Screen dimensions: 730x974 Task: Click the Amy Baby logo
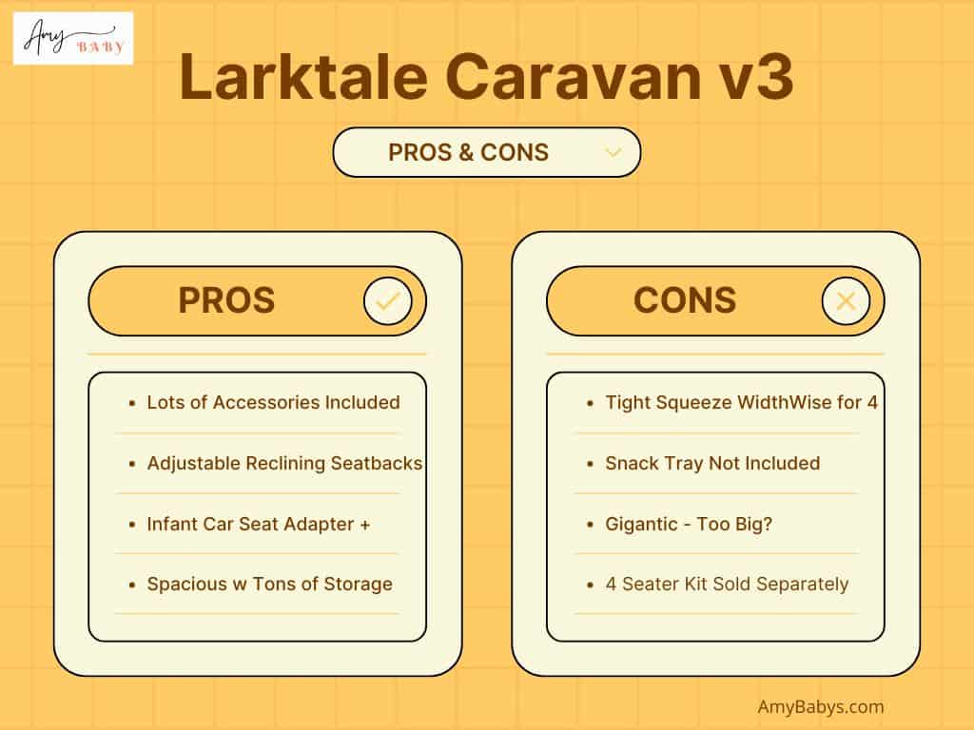click(x=73, y=38)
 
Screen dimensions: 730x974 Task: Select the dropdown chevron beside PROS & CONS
click(x=614, y=152)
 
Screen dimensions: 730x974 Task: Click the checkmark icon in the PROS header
click(x=387, y=302)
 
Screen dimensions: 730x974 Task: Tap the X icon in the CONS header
click(x=846, y=302)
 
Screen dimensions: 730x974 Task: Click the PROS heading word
click(x=226, y=300)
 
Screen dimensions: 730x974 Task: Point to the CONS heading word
click(x=685, y=300)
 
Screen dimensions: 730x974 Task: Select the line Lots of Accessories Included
click(x=273, y=402)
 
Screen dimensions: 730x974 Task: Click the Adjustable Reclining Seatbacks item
click(x=284, y=463)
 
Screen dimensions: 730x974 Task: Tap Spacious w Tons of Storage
click(x=269, y=584)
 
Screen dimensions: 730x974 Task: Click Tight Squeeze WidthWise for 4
click(x=741, y=402)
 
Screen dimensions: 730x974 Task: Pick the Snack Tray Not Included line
click(x=712, y=463)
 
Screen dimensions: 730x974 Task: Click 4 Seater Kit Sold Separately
click(x=727, y=584)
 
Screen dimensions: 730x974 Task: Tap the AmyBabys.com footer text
click(x=821, y=706)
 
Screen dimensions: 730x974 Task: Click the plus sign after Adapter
click(x=364, y=524)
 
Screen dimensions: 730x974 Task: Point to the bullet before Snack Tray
click(x=591, y=464)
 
